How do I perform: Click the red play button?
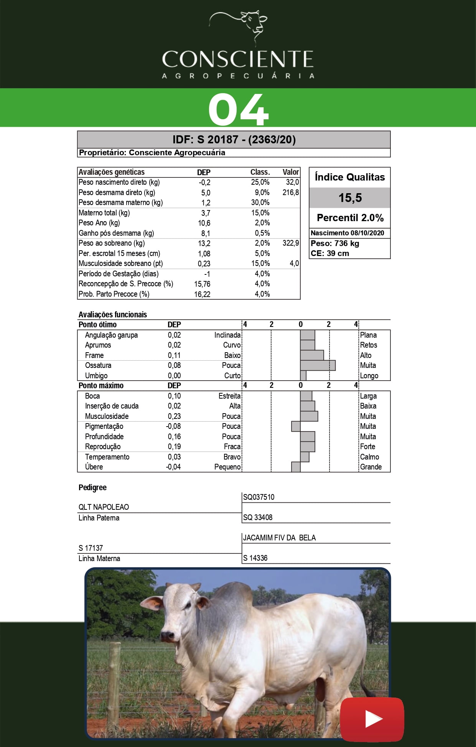[x=372, y=719]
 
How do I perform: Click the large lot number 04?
[x=238, y=110]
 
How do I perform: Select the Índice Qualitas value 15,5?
[x=350, y=198]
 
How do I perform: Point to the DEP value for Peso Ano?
[x=204, y=223]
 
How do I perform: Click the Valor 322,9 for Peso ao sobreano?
[x=291, y=243]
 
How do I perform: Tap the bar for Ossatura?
[x=318, y=365]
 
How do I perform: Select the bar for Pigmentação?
[x=296, y=426]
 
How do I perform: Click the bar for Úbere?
[x=296, y=467]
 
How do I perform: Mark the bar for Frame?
[x=312, y=355]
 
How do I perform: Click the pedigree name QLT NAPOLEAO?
[x=104, y=507]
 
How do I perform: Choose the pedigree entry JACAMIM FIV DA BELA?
[x=279, y=538]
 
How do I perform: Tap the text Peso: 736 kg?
[x=335, y=243]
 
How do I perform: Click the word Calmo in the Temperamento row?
[x=369, y=457]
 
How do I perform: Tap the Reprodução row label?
[x=103, y=447]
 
